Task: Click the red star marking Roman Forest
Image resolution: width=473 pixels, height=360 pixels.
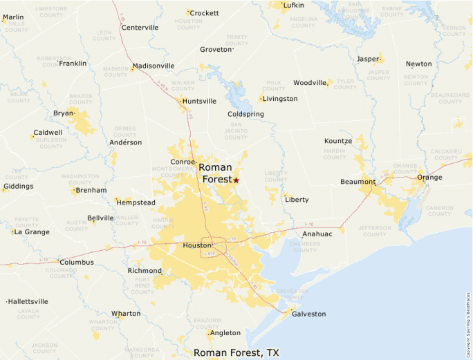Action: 236,180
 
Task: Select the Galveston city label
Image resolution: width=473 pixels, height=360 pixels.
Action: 308,314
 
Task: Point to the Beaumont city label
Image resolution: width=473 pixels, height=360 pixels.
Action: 358,182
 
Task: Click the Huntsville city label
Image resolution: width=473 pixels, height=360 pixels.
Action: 200,101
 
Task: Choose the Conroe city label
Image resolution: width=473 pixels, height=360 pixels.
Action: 183,162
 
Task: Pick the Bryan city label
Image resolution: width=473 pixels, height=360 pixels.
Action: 63,113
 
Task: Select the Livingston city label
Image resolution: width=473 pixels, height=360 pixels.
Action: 280,99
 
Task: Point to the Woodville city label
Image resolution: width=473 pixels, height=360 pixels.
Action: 309,83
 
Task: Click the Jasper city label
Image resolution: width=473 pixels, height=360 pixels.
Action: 367,59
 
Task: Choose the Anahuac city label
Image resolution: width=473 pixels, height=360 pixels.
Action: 317,234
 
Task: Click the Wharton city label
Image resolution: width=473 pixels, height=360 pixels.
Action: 126,314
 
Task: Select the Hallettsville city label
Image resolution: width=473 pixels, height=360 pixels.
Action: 28,301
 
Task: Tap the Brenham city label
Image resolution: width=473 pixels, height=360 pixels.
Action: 91,190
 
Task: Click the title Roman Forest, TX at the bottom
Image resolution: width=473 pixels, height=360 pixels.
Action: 236,352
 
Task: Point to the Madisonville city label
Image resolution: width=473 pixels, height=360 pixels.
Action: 153,66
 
